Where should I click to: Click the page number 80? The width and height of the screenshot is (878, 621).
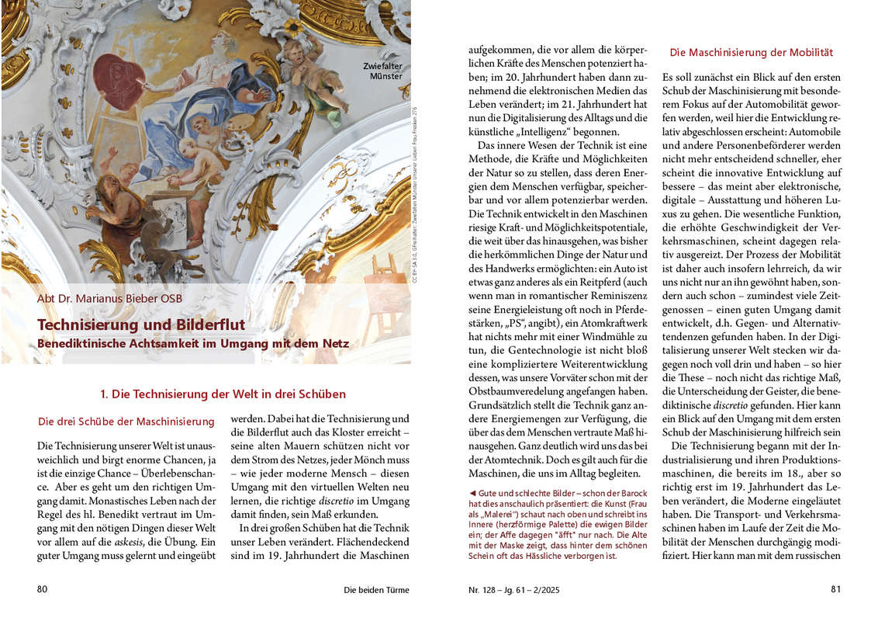click(43, 589)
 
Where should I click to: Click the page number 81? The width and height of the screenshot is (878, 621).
click(835, 589)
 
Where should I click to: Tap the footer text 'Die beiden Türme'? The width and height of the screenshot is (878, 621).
click(376, 590)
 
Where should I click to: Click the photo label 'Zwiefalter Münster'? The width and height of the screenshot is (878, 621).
click(383, 71)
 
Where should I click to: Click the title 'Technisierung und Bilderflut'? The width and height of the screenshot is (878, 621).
click(140, 324)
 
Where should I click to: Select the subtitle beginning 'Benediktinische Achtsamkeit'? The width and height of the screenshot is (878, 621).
click(193, 342)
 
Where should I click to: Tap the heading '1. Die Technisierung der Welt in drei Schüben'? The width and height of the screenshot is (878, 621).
click(223, 394)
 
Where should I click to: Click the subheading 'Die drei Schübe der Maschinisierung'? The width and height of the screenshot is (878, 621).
click(126, 422)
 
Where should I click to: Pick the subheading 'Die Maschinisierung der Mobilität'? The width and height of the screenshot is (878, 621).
click(751, 53)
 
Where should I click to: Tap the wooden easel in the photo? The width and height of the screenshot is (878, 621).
click(383, 279)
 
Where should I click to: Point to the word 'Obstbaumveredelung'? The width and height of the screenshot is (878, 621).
click(517, 390)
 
